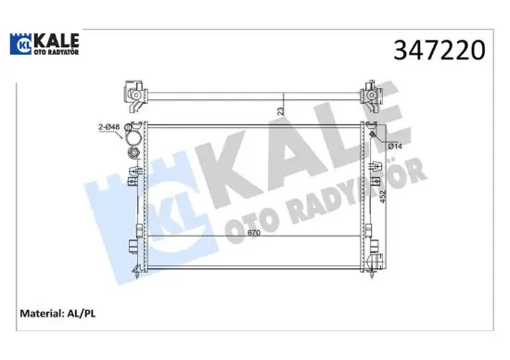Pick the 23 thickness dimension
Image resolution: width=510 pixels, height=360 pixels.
click(280, 109)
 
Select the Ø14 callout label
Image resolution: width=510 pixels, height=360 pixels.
click(393, 146)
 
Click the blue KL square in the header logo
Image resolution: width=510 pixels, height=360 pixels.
click(19, 45)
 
